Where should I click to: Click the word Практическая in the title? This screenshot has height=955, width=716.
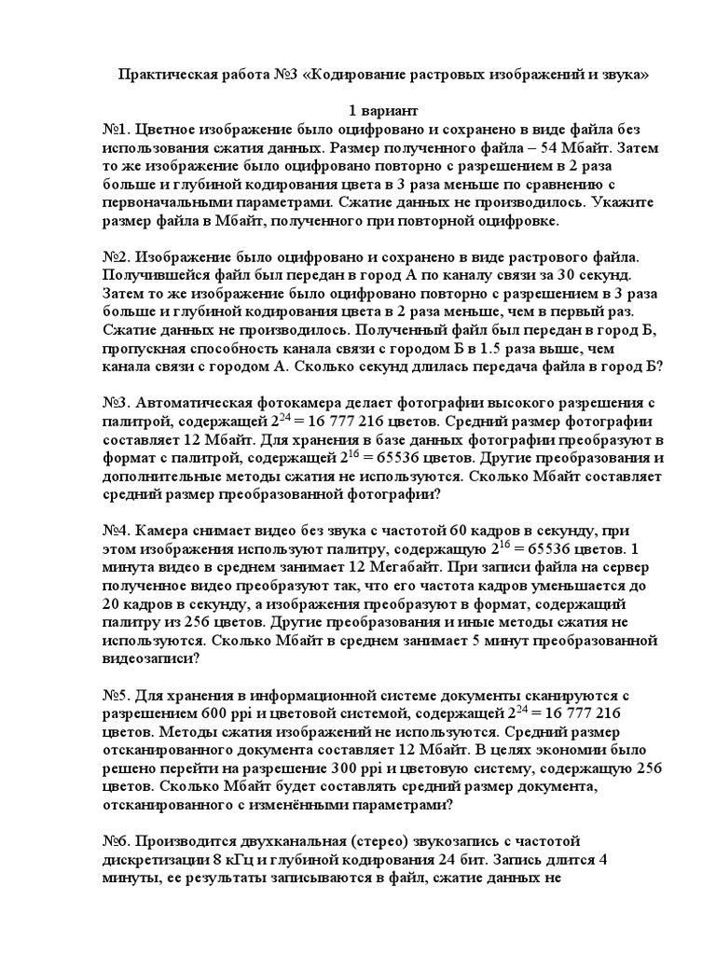[166, 75]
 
